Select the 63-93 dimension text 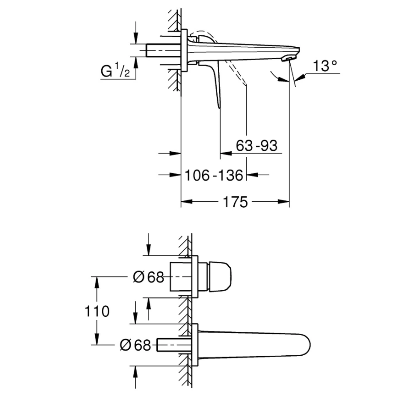point(257,146)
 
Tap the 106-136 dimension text point(214,175)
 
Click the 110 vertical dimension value point(97,311)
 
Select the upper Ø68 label point(148,277)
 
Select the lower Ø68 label point(135,345)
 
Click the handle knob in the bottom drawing point(219,277)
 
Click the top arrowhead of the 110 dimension point(97,281)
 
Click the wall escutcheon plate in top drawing point(184,50)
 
